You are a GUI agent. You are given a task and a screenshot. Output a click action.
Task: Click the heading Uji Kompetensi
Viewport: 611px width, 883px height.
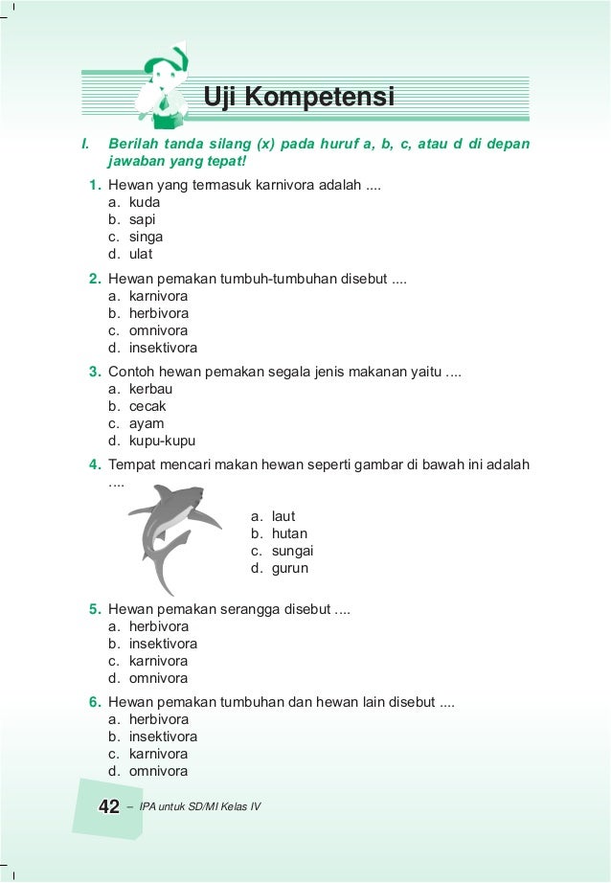coord(299,97)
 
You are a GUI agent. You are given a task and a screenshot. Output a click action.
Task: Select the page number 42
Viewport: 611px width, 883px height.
coord(109,807)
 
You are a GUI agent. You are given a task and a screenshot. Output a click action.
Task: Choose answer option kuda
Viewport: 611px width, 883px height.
coord(145,202)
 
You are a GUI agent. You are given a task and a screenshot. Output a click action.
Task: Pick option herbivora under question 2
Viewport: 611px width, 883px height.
coord(158,313)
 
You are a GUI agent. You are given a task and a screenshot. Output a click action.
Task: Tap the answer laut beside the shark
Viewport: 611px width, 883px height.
coord(283,516)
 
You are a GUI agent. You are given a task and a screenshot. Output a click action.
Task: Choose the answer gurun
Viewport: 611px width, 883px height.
coord(288,568)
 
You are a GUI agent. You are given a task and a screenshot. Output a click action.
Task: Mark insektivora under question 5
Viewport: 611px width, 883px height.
coord(163,644)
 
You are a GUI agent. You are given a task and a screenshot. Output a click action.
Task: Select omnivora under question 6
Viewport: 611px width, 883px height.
coord(158,771)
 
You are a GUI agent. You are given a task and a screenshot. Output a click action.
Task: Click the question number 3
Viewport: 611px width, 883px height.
coord(96,372)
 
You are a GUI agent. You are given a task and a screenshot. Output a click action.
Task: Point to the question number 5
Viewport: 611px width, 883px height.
coord(96,609)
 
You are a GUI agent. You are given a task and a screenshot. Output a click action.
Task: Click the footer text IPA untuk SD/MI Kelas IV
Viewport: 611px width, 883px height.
coord(199,807)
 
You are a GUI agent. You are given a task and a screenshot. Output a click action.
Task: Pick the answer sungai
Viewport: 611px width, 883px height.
coord(292,551)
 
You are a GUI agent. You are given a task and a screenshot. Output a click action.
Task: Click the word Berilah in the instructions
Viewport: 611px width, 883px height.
coord(133,144)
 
